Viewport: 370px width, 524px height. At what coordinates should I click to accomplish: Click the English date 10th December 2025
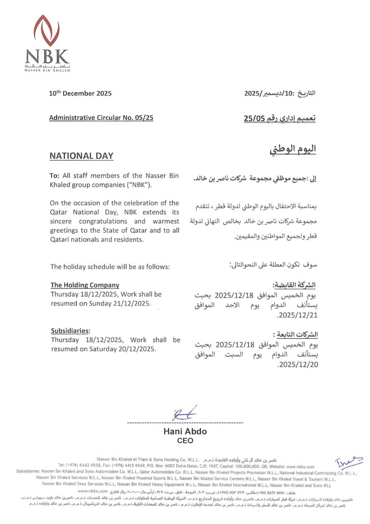(x=80, y=94)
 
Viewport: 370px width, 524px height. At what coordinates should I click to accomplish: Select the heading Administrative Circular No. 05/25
(x=101, y=118)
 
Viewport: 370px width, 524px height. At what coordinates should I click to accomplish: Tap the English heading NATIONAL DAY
(x=81, y=156)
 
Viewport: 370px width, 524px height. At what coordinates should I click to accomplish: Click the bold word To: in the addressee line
(x=55, y=176)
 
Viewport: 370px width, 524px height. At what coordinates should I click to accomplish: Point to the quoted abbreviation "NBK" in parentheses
(x=137, y=184)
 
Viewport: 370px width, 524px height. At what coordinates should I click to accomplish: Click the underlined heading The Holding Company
(x=85, y=285)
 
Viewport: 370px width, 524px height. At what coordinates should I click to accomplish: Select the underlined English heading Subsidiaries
(x=71, y=330)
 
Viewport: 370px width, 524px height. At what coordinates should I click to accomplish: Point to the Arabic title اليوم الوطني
(x=292, y=149)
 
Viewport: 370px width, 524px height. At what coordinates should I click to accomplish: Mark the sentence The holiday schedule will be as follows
(x=110, y=267)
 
